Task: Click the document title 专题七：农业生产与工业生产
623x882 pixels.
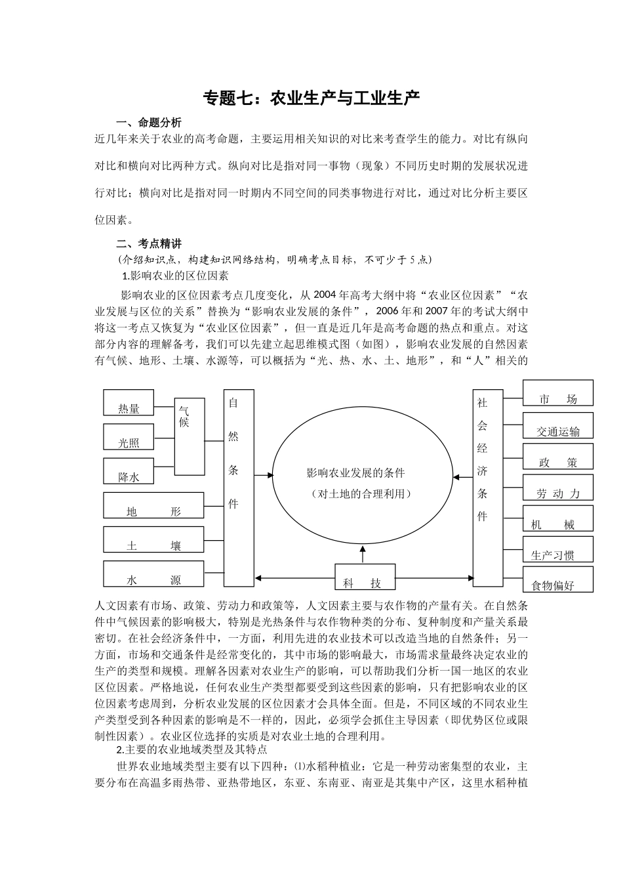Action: coord(311,98)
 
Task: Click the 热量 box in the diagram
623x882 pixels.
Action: coord(129,402)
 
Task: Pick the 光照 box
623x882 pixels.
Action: coord(129,436)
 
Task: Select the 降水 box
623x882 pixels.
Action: coord(129,471)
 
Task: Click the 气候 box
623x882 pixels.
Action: coord(190,436)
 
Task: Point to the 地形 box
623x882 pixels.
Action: coord(154,505)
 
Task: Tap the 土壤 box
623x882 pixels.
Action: coord(154,539)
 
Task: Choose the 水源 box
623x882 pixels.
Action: coord(154,574)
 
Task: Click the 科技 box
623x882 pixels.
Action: coord(365,577)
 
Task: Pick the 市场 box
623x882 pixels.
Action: coord(558,392)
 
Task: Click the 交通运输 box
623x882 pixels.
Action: coord(558,425)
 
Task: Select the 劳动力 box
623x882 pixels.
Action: coord(558,488)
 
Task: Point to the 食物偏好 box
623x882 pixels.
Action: coord(558,580)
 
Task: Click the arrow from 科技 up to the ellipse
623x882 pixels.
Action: coord(362,553)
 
